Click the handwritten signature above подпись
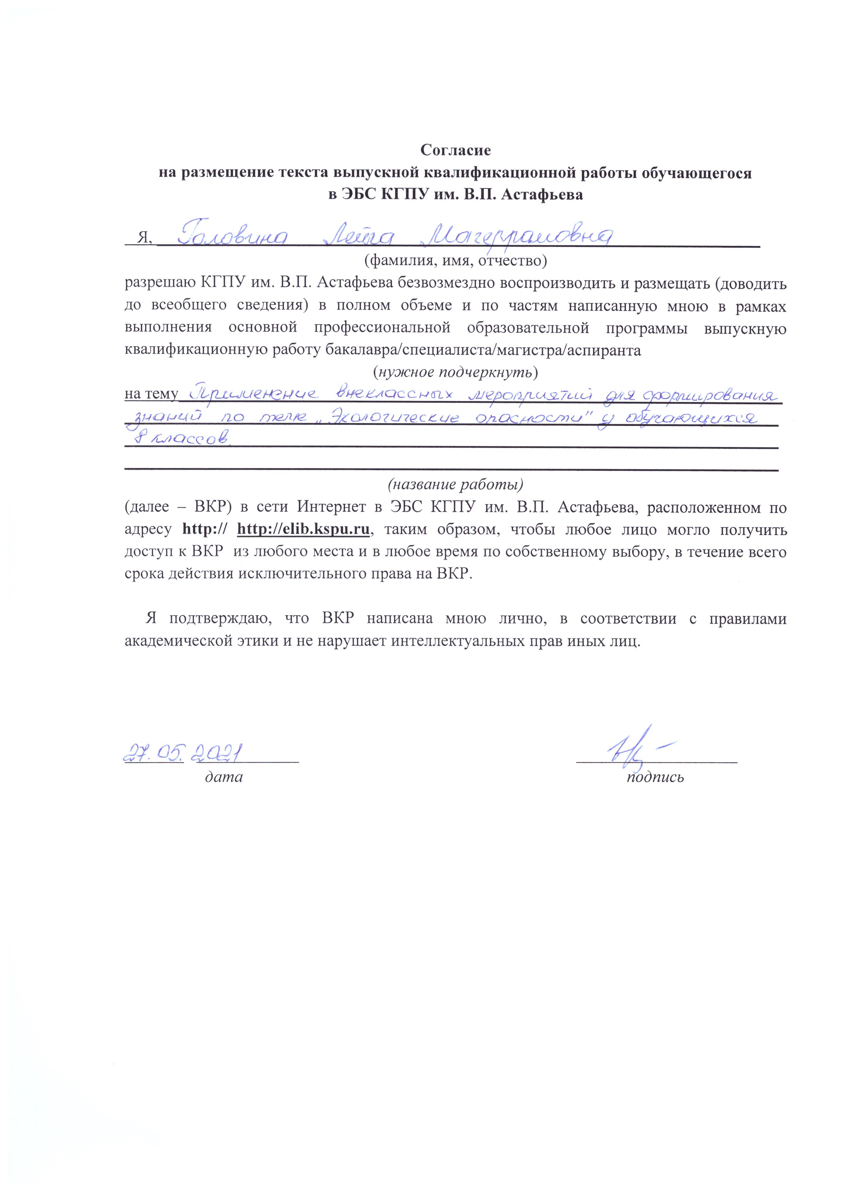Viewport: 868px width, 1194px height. pos(632,748)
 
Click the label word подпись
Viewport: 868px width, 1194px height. pos(655,777)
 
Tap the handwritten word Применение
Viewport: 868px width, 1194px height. pos(256,394)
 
